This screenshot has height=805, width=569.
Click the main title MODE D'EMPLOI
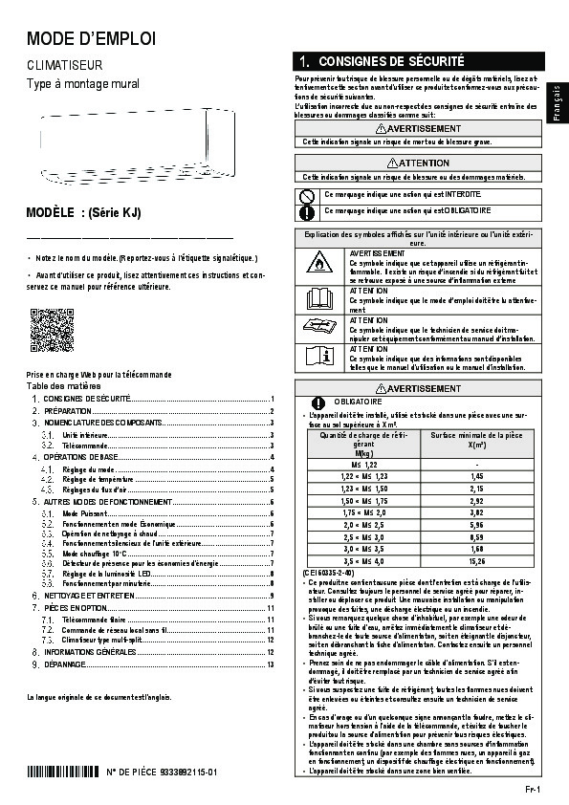(90, 39)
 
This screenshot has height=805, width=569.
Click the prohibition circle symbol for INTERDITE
(307, 194)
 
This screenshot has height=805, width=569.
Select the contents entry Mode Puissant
(82, 514)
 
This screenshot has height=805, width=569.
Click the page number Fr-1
(533, 789)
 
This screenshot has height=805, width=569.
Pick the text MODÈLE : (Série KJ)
(83, 213)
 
